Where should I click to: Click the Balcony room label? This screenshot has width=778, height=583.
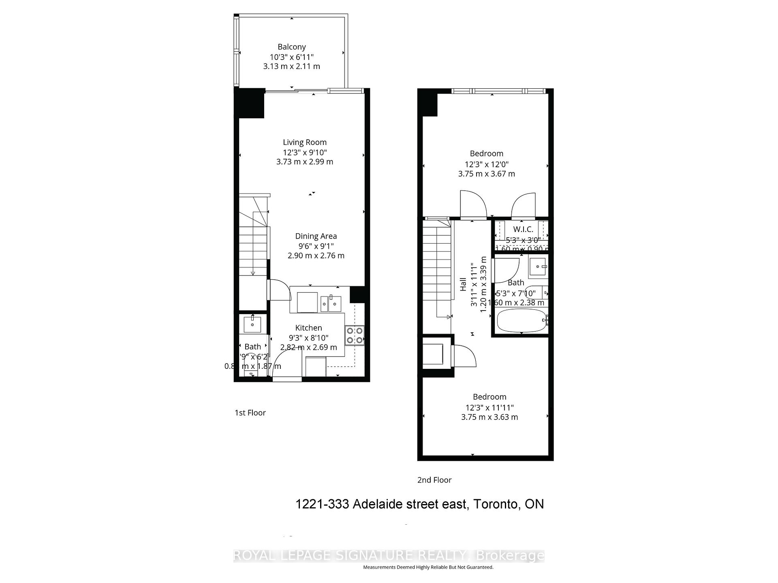click(x=291, y=47)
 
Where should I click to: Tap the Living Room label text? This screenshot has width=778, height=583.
click(x=304, y=142)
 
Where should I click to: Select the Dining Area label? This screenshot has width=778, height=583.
click(x=316, y=236)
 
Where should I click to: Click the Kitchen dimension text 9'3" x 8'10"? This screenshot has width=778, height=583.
click(x=308, y=338)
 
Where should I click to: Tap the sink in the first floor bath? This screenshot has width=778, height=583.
click(x=252, y=324)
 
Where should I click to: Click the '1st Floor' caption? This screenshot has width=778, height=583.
click(x=250, y=413)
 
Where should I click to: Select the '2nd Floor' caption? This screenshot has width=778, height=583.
click(x=434, y=480)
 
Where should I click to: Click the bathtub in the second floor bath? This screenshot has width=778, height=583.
click(x=521, y=321)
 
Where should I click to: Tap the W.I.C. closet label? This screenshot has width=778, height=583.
click(x=523, y=230)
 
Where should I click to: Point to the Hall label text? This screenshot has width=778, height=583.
click(x=463, y=284)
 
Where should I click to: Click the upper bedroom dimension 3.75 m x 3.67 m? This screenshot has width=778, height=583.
click(x=486, y=174)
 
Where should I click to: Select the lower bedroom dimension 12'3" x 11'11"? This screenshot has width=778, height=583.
click(x=489, y=407)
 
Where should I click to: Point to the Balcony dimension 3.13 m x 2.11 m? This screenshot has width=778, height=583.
click(x=291, y=66)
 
